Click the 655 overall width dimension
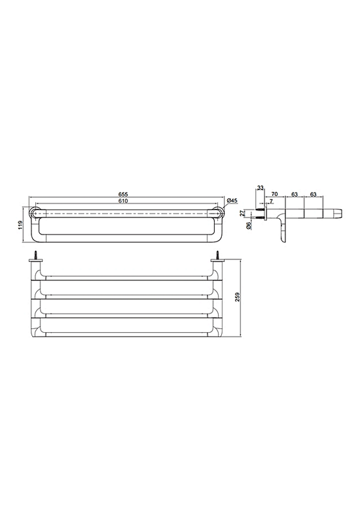(x=124, y=194)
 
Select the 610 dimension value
(x=124, y=200)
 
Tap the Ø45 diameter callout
(x=232, y=200)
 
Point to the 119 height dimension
(x=20, y=225)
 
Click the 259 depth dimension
(x=238, y=297)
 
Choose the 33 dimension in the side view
(x=260, y=188)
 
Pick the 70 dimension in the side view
(x=274, y=194)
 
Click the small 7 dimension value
(x=271, y=200)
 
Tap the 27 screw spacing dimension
(x=243, y=213)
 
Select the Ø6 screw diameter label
(x=248, y=226)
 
